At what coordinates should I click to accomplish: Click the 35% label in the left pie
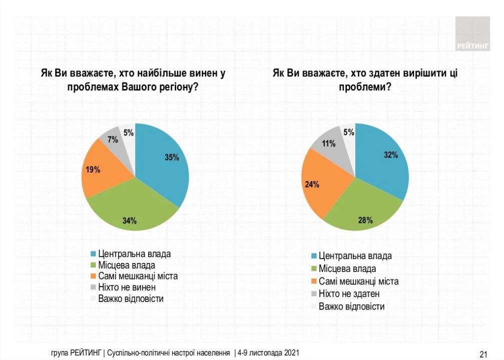click(x=172, y=157)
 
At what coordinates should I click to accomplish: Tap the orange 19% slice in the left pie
click(x=100, y=172)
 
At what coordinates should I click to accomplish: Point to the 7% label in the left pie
click(x=113, y=140)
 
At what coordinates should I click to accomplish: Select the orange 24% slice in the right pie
click(x=320, y=185)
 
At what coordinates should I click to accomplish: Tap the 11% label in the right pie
click(x=328, y=144)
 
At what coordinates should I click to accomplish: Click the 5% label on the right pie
click(x=349, y=132)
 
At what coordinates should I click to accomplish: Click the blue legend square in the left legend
click(x=93, y=254)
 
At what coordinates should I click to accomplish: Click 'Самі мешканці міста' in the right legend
click(x=358, y=281)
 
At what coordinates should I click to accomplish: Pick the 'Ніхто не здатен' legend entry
click(x=349, y=293)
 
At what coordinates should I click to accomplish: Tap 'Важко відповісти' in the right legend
click(x=351, y=306)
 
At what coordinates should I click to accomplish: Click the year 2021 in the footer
click(x=291, y=353)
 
